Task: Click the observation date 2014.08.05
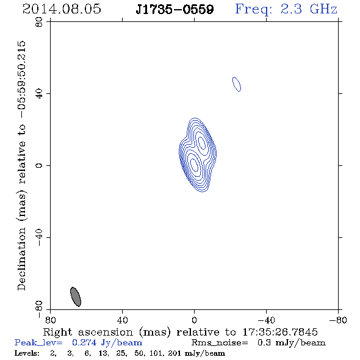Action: pyautogui.click(x=62, y=9)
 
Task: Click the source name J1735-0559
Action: pyautogui.click(x=175, y=10)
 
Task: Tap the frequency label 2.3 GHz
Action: pyautogui.click(x=309, y=9)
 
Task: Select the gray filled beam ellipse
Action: pyautogui.click(x=76, y=297)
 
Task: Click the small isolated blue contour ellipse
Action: pyautogui.click(x=237, y=84)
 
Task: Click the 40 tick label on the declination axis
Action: pyautogui.click(x=39, y=94)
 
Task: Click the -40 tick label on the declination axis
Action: pyautogui.click(x=39, y=237)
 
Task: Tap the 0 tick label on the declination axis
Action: pyautogui.click(x=39, y=165)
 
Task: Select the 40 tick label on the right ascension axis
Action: pyautogui.click(x=123, y=320)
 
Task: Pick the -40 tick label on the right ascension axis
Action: pyautogui.click(x=266, y=320)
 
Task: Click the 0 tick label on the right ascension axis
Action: pyautogui.click(x=195, y=320)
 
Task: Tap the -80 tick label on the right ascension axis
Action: pyautogui.click(x=338, y=320)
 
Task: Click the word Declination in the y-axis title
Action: pyautogui.click(x=21, y=259)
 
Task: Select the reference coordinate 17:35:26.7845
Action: pyautogui.click(x=280, y=332)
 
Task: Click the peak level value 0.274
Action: pyautogui.click(x=84, y=343)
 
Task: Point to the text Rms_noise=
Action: pyautogui.click(x=220, y=343)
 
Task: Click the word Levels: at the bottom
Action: pyautogui.click(x=27, y=353)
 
